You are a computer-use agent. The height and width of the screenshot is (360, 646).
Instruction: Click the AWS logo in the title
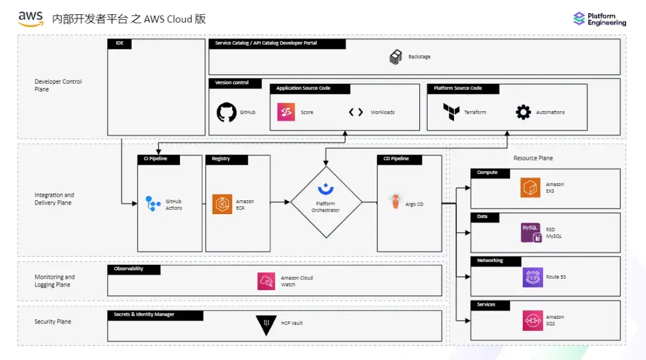(x=31, y=19)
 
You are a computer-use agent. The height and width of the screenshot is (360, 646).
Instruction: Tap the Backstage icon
(x=395, y=57)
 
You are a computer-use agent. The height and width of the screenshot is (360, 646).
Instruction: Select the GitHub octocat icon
(x=226, y=112)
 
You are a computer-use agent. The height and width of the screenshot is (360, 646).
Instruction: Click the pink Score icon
(x=286, y=112)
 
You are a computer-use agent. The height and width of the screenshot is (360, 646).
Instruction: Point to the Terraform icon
(x=451, y=112)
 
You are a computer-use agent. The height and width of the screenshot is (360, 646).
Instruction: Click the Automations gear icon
(x=523, y=112)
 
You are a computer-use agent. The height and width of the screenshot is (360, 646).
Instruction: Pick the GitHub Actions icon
(x=154, y=204)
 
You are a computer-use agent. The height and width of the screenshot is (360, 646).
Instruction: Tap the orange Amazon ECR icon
(x=222, y=204)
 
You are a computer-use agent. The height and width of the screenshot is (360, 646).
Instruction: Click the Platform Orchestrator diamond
(x=326, y=202)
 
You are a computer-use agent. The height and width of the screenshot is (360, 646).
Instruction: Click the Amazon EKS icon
(x=530, y=187)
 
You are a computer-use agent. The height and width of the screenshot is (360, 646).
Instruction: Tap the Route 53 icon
(x=532, y=277)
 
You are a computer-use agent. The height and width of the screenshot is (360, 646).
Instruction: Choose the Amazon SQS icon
(x=532, y=321)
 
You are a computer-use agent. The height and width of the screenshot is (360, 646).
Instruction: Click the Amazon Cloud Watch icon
(x=266, y=281)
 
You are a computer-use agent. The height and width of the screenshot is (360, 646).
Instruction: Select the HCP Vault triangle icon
(x=266, y=324)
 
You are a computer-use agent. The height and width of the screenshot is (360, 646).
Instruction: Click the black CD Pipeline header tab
(x=400, y=159)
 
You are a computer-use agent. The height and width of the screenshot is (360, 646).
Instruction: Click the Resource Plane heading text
(x=533, y=158)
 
